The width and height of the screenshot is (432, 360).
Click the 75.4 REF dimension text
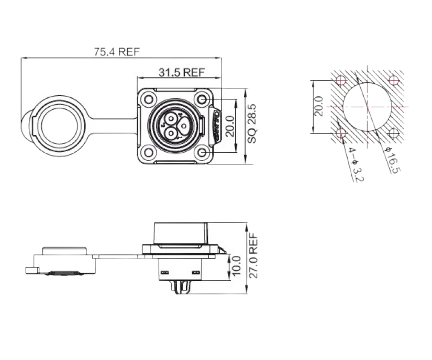click(x=117, y=52)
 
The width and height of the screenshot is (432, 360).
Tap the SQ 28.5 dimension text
click(x=253, y=124)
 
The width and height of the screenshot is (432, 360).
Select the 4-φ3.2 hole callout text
click(x=356, y=164)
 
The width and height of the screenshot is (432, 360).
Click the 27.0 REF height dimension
click(x=254, y=256)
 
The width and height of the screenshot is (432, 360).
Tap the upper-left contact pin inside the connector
click(x=171, y=118)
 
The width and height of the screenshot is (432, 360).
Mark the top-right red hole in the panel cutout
click(x=393, y=81)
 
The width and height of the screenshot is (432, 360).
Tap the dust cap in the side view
click(x=63, y=261)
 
